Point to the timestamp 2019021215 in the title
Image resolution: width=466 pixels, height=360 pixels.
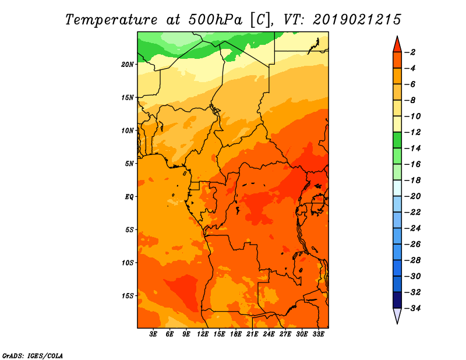[x=356, y=19]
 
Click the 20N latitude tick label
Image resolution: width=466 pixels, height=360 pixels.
[x=128, y=64]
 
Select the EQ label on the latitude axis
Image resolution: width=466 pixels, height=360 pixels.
[x=129, y=196]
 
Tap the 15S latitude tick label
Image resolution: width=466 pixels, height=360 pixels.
[x=128, y=295]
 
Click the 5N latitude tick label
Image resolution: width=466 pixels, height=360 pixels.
[x=129, y=164]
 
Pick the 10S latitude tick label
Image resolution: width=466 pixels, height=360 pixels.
[x=128, y=263]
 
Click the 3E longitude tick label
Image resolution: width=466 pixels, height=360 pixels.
[x=154, y=334]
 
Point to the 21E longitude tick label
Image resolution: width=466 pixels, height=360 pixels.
[x=253, y=334]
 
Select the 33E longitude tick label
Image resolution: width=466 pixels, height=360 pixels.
[x=319, y=334]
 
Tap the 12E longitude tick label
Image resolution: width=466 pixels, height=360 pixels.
[x=203, y=334]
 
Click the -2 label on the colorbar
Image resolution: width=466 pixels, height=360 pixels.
[x=411, y=52]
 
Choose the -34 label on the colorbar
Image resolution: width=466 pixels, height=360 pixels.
[x=412, y=308]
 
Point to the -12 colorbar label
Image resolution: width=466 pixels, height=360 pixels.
[x=412, y=132]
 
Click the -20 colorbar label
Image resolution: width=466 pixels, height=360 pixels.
[x=412, y=196]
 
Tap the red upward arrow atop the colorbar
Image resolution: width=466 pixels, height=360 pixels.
[x=397, y=44]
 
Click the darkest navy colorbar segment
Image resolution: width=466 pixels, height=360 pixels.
[x=397, y=299]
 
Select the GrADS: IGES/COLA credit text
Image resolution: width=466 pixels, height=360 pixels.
[x=33, y=355]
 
